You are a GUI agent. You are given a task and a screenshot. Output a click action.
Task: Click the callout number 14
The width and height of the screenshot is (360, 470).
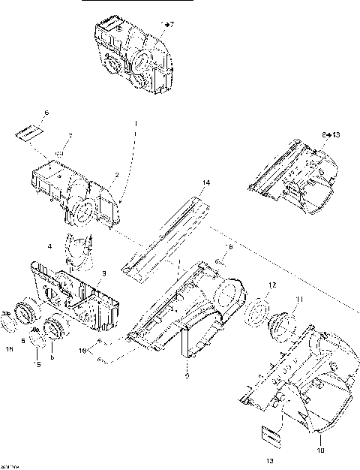click(x=206, y=182)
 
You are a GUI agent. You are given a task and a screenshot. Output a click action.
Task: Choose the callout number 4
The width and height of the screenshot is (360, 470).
click(x=49, y=246)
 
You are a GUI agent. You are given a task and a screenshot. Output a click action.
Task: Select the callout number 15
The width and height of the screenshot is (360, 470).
click(x=10, y=348)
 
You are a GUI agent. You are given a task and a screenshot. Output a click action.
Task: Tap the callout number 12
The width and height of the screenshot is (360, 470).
click(x=273, y=285)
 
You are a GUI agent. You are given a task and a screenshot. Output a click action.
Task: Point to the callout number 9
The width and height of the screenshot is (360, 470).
click(x=187, y=375)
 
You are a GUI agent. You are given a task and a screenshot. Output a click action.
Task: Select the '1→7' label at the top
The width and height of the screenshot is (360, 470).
click(x=167, y=25)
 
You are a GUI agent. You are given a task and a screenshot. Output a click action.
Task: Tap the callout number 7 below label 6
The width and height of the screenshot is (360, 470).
click(x=70, y=136)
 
